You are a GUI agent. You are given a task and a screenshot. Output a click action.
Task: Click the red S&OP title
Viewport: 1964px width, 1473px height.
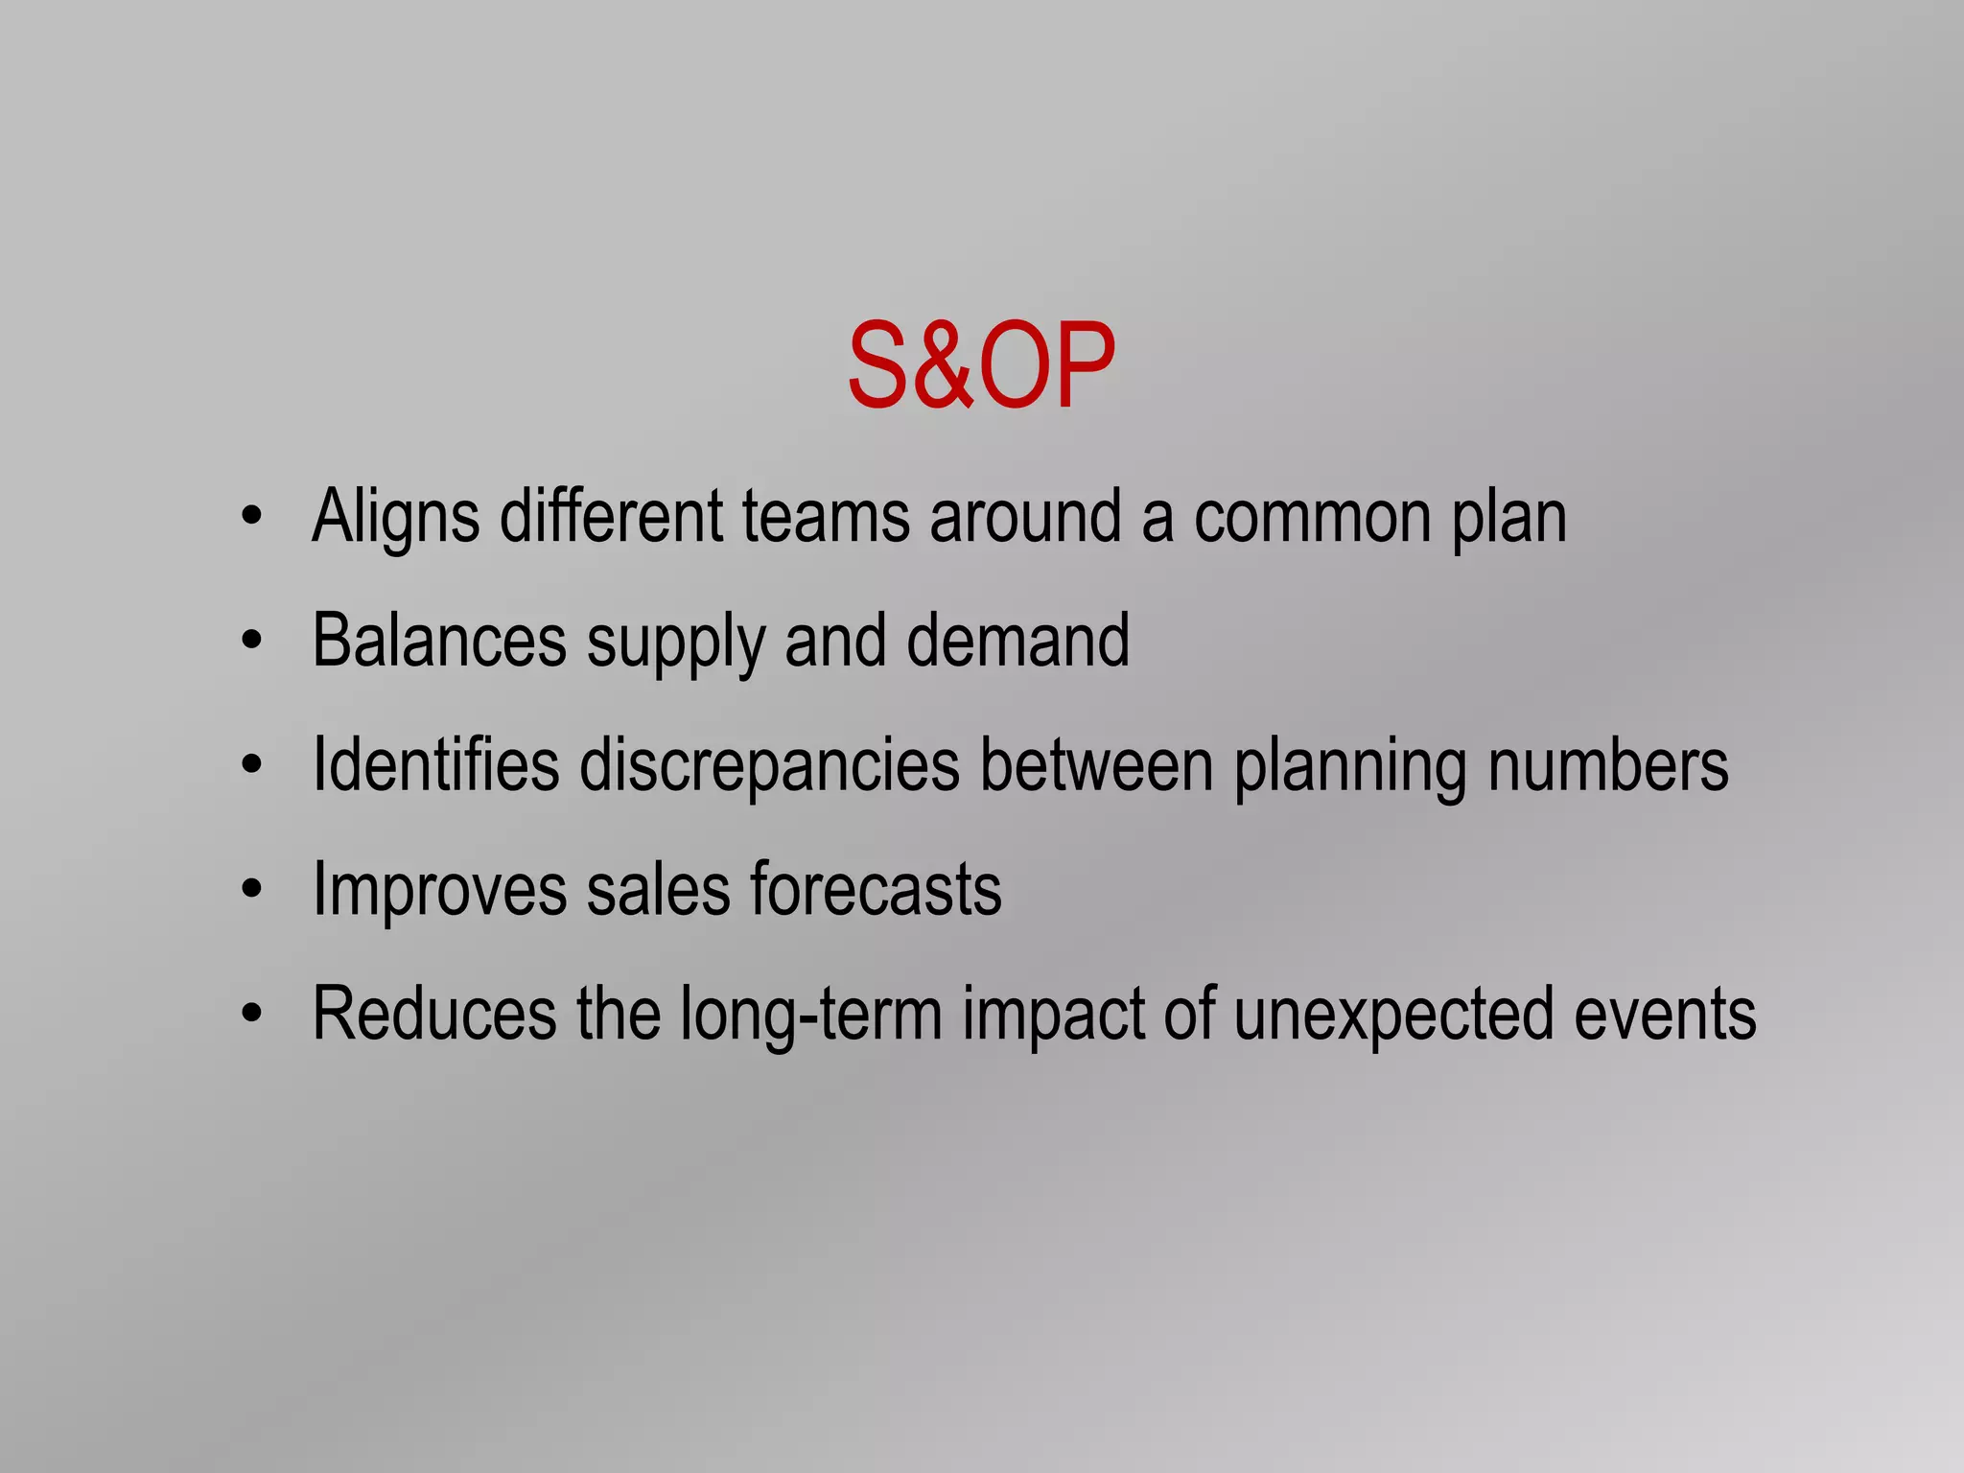981,365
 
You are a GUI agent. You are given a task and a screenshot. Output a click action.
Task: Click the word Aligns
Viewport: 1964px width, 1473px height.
395,518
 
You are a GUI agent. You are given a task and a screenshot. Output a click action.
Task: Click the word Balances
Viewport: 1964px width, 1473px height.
439,641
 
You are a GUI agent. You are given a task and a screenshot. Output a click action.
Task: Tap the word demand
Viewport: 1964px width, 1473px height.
1017,641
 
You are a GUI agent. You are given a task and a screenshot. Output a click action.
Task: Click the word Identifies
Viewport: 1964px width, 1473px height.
435,764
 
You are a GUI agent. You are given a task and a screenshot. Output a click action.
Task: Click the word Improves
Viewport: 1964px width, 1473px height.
439,891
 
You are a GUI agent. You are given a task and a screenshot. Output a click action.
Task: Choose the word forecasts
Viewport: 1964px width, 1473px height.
876,889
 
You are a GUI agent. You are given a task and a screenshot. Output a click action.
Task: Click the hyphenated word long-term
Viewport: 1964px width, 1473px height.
811,1016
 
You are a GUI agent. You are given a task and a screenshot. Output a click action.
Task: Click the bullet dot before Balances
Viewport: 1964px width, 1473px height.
251,641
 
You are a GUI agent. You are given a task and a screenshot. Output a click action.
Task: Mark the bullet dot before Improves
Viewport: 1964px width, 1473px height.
251,889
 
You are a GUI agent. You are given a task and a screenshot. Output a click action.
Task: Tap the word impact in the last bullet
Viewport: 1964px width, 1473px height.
1053,1016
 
